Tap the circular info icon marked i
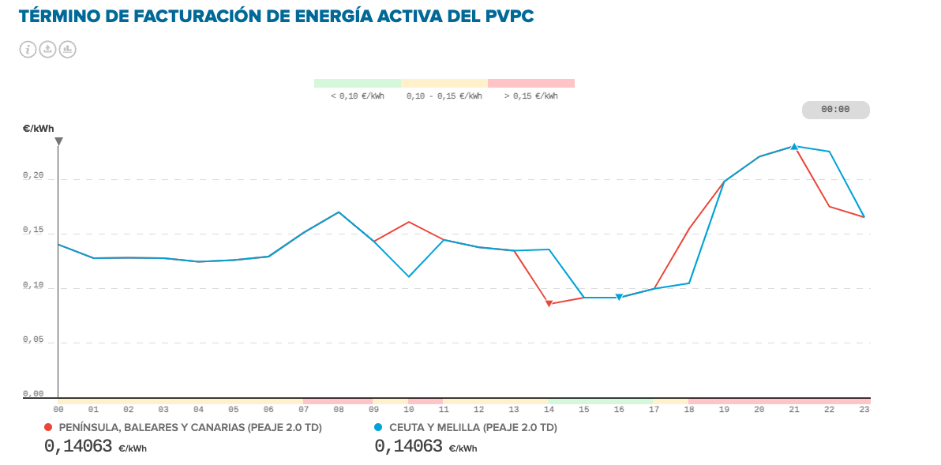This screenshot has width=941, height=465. click(x=28, y=50)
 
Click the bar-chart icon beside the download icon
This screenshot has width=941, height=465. click(x=67, y=50)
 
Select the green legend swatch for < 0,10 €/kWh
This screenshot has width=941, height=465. click(x=357, y=83)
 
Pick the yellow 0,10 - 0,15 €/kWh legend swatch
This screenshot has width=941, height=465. click(x=444, y=83)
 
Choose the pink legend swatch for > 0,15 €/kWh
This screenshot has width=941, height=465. click(x=530, y=83)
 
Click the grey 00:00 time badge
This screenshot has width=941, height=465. click(x=835, y=110)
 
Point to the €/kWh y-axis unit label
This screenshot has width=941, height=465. click(x=38, y=129)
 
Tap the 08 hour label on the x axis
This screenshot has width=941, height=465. click(x=338, y=410)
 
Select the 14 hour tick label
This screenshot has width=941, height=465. click(x=549, y=410)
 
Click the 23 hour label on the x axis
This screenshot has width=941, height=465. click(x=864, y=410)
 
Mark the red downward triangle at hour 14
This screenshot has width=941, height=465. click(x=549, y=304)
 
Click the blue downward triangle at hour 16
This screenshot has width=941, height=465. click(x=619, y=298)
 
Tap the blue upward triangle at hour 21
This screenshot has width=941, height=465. click(x=794, y=146)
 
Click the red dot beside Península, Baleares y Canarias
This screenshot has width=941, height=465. click(x=48, y=427)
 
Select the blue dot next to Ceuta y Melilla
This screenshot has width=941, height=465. click(x=379, y=427)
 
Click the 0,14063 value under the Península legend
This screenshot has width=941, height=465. click(x=77, y=446)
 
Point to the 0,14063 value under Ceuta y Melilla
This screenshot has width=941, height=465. click(x=408, y=446)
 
